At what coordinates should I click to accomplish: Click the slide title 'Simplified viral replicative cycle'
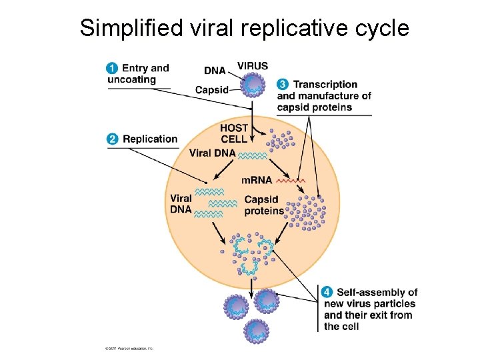(244, 28)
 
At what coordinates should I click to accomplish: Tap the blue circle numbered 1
(113, 68)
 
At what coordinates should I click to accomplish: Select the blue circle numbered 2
(113, 139)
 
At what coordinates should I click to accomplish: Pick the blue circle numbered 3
(283, 85)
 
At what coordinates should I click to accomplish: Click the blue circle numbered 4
(327, 292)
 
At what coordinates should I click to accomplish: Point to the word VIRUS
(253, 66)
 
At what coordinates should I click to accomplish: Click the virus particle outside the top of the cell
(253, 85)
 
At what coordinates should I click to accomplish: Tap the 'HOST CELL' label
(234, 133)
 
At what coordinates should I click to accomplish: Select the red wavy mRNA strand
(291, 180)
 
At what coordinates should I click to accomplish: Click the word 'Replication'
(150, 139)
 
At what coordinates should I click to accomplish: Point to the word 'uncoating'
(131, 79)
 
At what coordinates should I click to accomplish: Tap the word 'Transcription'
(325, 85)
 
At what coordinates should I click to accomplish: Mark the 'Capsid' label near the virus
(211, 90)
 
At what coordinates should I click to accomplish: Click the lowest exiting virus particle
(257, 329)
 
